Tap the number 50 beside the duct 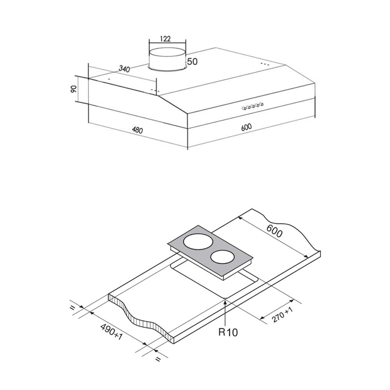tap(192, 62)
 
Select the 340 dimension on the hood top tap(124, 69)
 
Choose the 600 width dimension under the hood tap(246, 127)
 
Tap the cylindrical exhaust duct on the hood tap(167, 58)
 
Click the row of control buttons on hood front tap(253, 106)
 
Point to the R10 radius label tap(228, 332)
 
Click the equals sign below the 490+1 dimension tap(158, 359)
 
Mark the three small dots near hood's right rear tap(264, 64)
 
